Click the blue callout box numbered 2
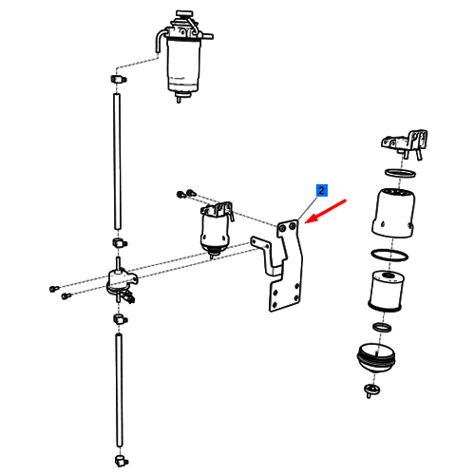point(321,190)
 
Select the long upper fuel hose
point(117,161)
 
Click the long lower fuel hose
point(119,390)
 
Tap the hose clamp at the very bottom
point(120,461)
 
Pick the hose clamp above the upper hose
point(118,79)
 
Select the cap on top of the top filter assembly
point(184,14)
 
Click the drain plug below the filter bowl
point(370,390)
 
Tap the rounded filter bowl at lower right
point(376,358)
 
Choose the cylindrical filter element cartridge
point(386,291)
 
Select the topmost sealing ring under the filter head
point(400,174)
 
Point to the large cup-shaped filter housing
point(393,213)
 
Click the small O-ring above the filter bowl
point(382,327)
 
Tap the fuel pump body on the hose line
point(121,280)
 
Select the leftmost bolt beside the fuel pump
point(54,289)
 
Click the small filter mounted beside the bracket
point(215,230)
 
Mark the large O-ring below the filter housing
point(389,255)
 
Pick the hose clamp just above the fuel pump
point(120,243)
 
